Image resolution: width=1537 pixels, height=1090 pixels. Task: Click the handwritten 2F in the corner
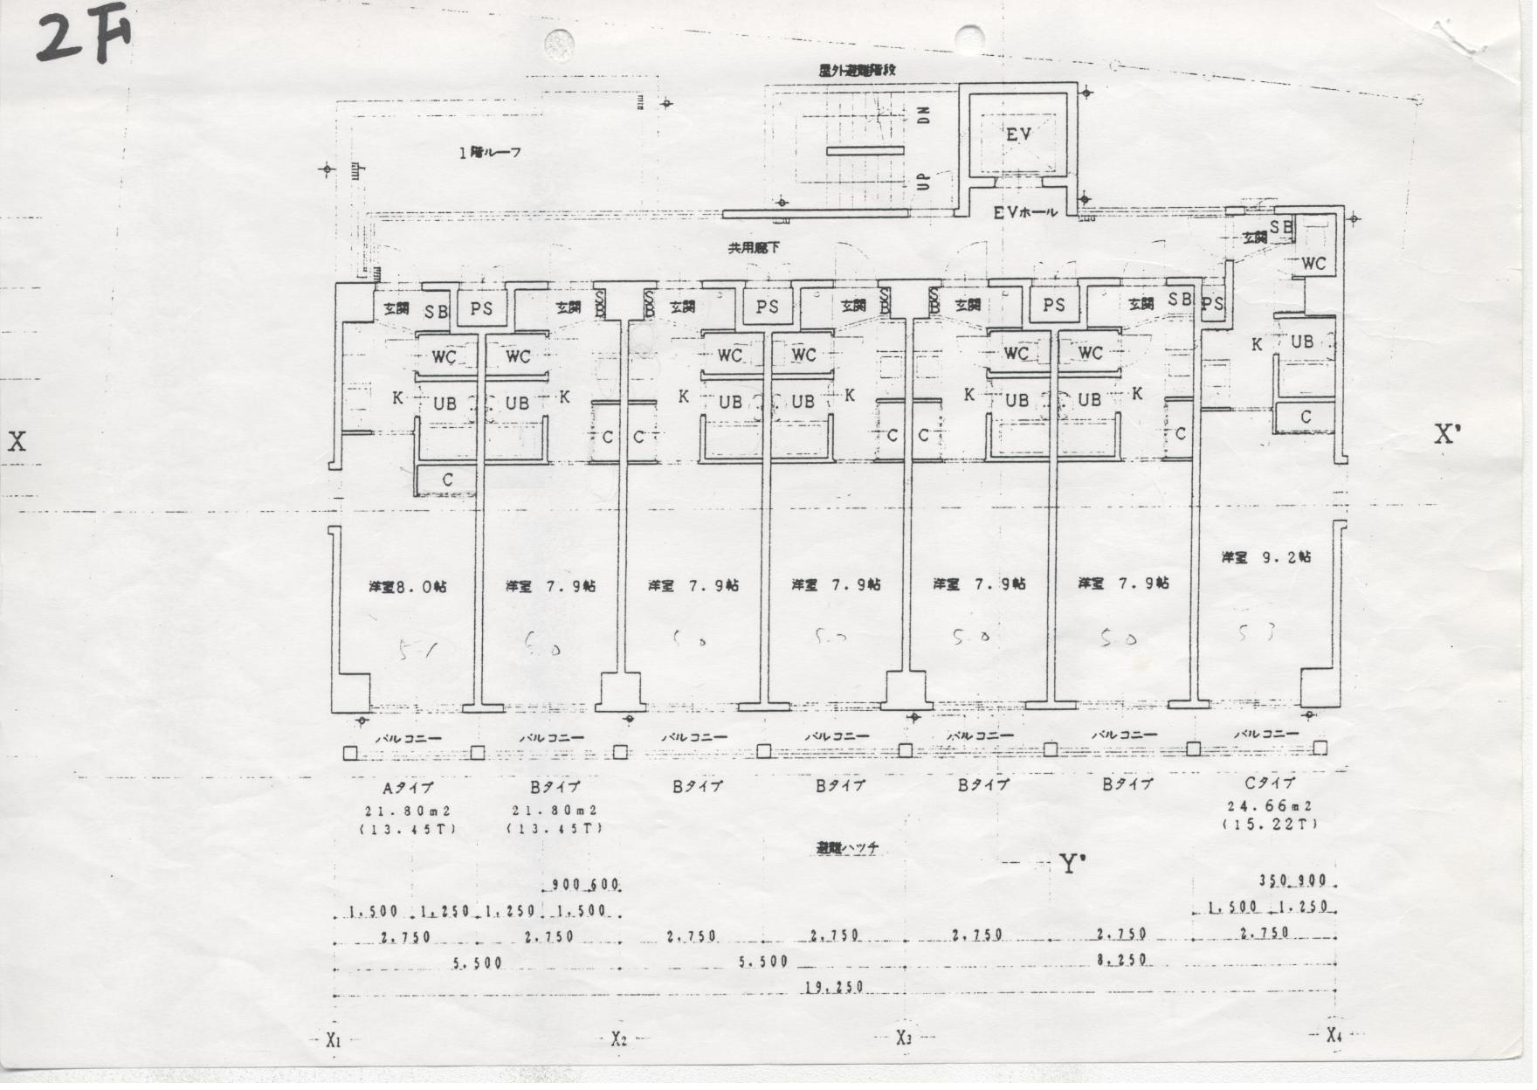pyautogui.click(x=84, y=38)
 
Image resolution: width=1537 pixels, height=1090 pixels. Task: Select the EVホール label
pyautogui.click(x=1024, y=212)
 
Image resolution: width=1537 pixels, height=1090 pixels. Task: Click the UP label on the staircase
pyautogui.click(x=923, y=182)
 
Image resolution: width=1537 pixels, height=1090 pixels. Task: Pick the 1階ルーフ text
pyautogui.click(x=490, y=152)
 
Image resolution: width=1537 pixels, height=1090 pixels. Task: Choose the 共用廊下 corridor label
pyautogui.click(x=755, y=248)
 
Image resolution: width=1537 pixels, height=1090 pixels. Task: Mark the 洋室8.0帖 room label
pyautogui.click(x=407, y=587)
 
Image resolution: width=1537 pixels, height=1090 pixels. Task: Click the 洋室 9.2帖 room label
pyautogui.click(x=1266, y=556)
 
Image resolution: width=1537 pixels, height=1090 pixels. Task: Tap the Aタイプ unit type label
pyautogui.click(x=409, y=788)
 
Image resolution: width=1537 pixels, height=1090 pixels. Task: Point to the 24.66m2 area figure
pyautogui.click(x=1271, y=806)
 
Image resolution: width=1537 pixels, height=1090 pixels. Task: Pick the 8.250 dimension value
pyautogui.click(x=1121, y=959)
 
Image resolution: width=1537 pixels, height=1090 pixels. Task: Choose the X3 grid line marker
pyautogui.click(x=904, y=1038)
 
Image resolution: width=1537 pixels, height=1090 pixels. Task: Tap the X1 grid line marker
pyautogui.click(x=333, y=1040)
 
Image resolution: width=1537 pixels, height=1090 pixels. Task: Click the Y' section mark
pyautogui.click(x=1070, y=865)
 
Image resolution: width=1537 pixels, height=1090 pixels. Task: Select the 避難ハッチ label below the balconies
pyautogui.click(x=846, y=847)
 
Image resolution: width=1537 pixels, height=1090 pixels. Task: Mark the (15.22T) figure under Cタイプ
pyautogui.click(x=1271, y=824)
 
